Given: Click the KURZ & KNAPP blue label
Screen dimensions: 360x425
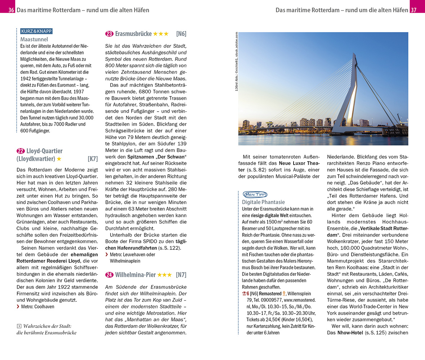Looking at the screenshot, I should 37,31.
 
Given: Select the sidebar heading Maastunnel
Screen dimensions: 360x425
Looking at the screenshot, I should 34,39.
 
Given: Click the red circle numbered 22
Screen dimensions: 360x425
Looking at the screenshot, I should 21,151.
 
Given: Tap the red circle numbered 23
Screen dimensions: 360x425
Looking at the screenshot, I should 109,34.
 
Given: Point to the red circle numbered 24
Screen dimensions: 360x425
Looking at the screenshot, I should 109,275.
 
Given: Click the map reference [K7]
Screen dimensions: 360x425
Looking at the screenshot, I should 93,159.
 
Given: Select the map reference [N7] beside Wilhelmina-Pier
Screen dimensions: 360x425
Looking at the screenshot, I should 181,275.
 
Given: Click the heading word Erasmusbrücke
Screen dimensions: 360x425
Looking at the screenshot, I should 133,34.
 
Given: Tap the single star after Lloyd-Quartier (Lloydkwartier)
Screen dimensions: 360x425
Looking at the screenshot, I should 59,159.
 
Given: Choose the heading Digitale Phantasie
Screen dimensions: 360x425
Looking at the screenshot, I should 263,202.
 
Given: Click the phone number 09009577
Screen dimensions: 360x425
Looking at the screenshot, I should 268,300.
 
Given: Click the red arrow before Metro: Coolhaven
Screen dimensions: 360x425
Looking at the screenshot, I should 18,307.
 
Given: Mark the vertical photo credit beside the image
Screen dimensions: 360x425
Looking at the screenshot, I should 236,61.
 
